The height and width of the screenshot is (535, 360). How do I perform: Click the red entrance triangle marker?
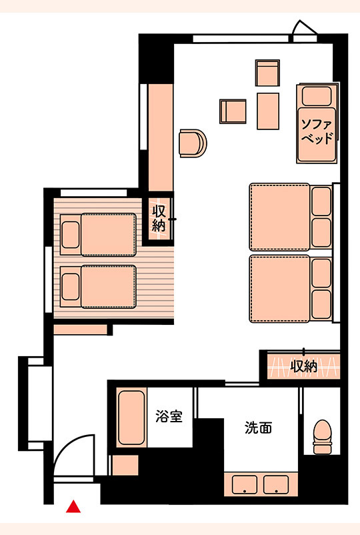click(73, 507)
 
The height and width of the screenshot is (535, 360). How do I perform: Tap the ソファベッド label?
click(317, 131)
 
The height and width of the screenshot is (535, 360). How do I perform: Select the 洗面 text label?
click(259, 427)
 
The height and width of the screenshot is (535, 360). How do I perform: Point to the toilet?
click(322, 437)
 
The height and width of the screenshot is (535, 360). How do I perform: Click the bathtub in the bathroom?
click(131, 418)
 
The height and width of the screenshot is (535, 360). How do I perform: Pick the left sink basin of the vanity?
click(245, 484)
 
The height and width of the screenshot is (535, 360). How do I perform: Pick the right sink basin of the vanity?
click(276, 484)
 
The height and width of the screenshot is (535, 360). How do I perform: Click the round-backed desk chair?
click(193, 143)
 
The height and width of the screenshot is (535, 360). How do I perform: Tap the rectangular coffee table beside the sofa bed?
click(268, 111)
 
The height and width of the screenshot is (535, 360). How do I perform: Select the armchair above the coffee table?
click(267, 73)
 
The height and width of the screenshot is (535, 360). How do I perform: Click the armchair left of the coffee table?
click(233, 111)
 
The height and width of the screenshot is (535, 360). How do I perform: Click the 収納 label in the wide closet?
click(303, 366)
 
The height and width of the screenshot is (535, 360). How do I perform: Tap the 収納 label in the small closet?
click(159, 218)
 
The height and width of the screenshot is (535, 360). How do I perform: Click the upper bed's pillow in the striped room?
click(71, 235)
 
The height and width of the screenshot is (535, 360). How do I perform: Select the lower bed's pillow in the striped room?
click(71, 287)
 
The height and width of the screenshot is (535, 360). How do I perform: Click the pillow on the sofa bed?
click(317, 96)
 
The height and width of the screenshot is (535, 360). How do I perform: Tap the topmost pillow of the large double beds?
click(321, 201)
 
